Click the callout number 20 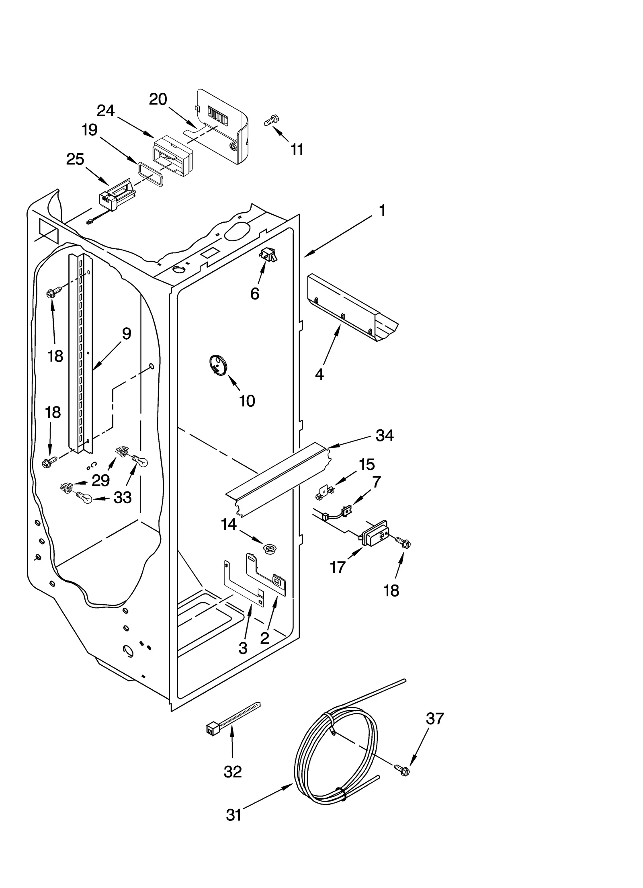[158, 99]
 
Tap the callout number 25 [75, 159]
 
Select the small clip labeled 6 [268, 255]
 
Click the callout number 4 [319, 375]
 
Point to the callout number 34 [384, 435]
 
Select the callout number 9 [126, 333]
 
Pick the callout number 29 [100, 480]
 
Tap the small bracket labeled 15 [324, 493]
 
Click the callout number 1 [382, 210]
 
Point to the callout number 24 [106, 111]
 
